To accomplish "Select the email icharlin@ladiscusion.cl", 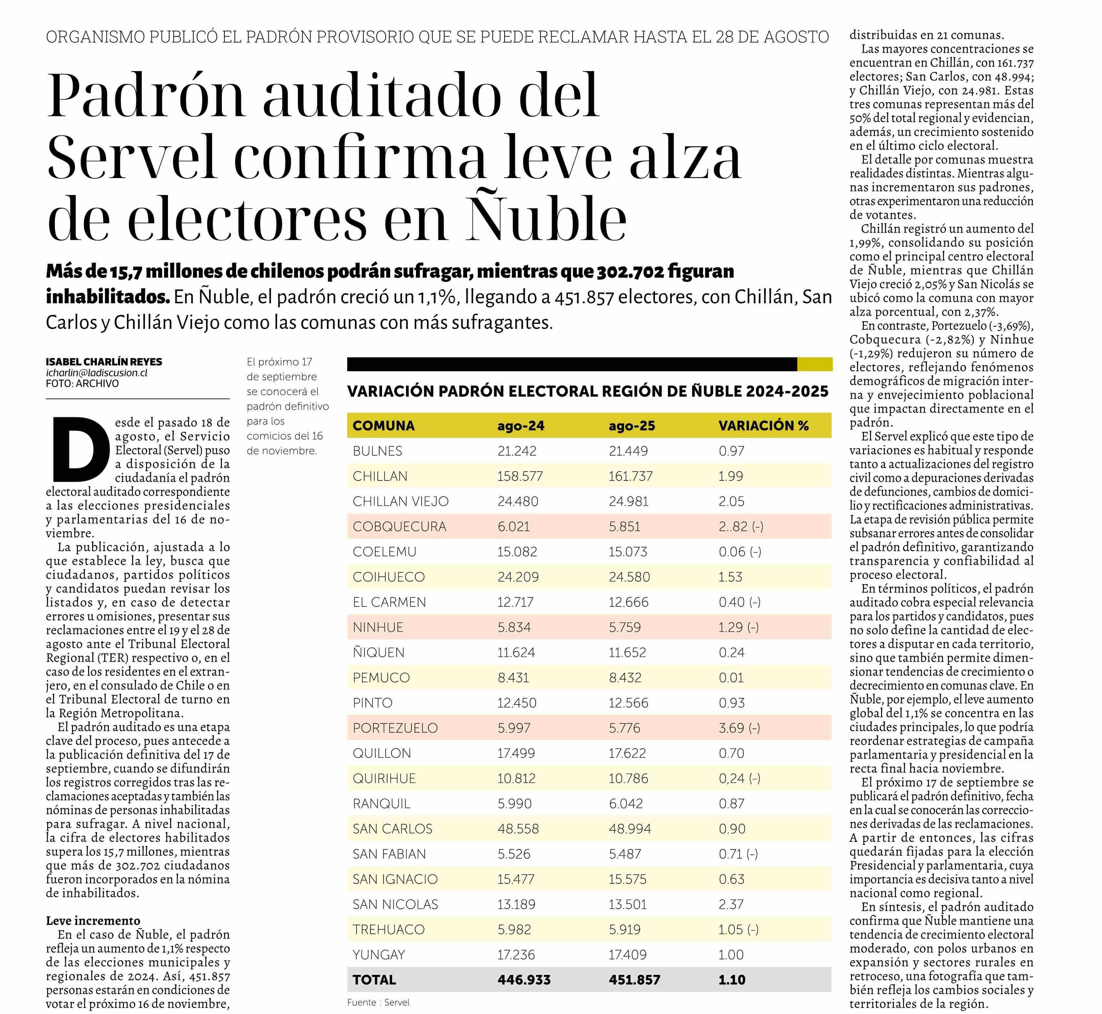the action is tap(97, 373).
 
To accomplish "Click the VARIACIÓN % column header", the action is tap(764, 426).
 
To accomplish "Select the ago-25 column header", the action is tap(632, 426).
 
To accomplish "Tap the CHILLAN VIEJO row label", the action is tap(400, 502).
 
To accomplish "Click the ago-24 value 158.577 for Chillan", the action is tap(520, 476).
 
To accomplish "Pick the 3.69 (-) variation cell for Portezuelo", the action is tap(739, 728).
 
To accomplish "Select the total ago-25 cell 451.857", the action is tap(635, 980).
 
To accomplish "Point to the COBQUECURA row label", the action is tap(399, 527).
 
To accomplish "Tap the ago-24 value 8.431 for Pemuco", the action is tap(514, 678).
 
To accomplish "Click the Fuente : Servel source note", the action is tap(379, 1002).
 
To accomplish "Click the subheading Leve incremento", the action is tap(93, 920).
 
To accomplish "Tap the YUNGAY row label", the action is tap(379, 955).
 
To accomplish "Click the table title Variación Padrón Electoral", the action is tap(587, 391).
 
